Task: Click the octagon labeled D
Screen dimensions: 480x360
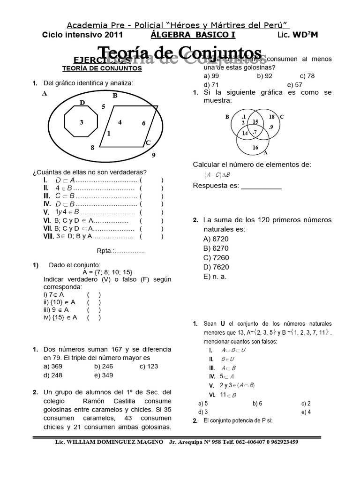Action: click(82, 122)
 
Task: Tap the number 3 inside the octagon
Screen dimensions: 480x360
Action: click(82, 122)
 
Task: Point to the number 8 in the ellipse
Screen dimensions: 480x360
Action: click(92, 148)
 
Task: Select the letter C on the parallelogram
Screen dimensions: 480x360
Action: click(148, 142)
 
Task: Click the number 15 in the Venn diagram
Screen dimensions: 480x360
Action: click(255, 122)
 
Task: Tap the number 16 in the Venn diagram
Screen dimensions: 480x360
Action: click(255, 147)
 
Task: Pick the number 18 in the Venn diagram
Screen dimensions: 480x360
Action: click(271, 116)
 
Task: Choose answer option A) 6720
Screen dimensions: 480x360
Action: click(216, 239)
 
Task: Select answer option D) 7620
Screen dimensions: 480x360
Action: click(216, 267)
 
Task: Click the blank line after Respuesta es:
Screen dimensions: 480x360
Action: click(261, 186)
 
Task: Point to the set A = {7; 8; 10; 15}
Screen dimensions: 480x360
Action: click(107, 272)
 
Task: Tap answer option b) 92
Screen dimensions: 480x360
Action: click(265, 75)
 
